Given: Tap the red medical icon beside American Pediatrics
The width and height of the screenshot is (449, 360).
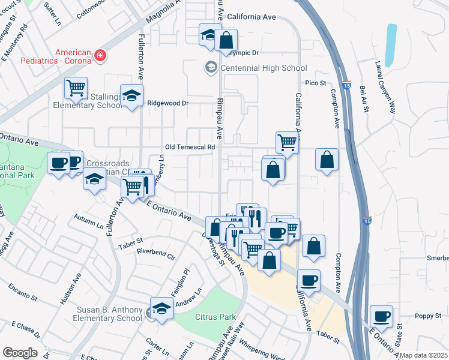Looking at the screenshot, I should pos(100,56).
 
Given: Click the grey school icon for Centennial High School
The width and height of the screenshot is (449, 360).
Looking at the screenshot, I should pos(211,67).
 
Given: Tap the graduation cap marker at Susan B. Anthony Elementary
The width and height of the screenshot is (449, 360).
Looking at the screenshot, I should pos(161,309).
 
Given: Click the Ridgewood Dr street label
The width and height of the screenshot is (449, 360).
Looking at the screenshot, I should pos(168,103).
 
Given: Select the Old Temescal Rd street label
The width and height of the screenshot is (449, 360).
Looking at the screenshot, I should pos(190,147).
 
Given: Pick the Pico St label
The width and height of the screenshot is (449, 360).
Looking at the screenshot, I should pos(315,83).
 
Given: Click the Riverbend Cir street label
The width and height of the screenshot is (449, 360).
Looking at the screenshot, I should pos(155,257).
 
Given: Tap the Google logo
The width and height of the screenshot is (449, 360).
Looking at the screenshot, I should pos(20,353).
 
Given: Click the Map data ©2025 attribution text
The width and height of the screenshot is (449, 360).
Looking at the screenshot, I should pos(423,355).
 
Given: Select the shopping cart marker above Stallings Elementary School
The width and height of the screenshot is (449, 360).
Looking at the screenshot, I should pos(76,88).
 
